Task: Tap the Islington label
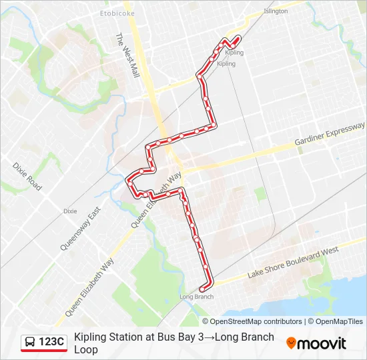pos(276,11)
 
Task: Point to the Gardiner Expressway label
pos(330,135)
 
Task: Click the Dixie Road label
pos(27,176)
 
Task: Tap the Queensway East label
pos(79,228)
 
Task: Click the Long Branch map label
pos(196,297)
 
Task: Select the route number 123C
pos(51,343)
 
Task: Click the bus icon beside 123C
pos(31,343)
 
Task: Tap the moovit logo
pos(316,343)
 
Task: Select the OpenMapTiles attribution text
pos(335,321)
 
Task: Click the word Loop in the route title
pos(86,349)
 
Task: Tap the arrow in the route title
pos(208,337)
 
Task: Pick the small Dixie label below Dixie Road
pos(70,211)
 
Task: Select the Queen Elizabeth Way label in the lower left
pos(89,288)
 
